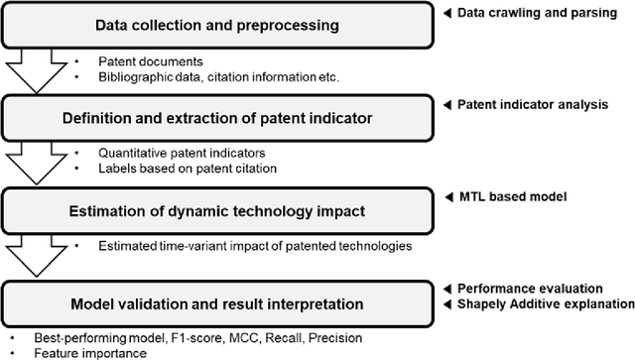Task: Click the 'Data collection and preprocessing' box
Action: [x=218, y=24]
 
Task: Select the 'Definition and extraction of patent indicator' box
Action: [x=218, y=120]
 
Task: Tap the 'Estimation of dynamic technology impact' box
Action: [x=218, y=210]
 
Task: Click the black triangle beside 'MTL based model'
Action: [x=449, y=196]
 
